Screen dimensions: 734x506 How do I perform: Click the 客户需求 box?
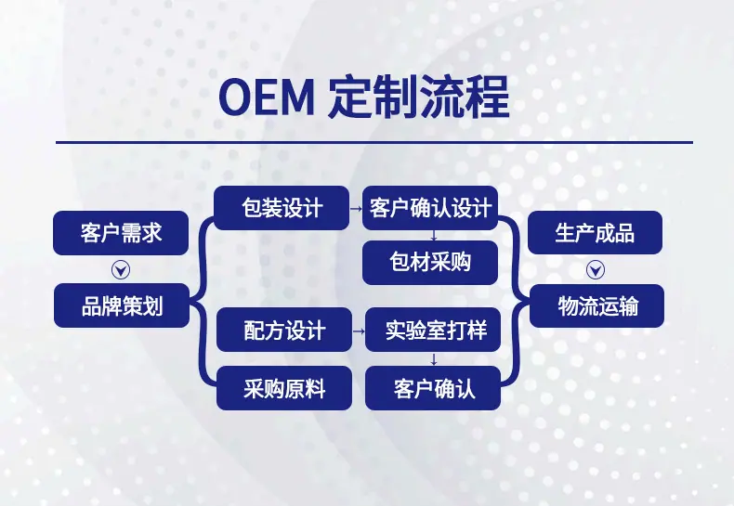click(121, 233)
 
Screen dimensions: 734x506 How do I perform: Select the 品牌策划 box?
click(122, 305)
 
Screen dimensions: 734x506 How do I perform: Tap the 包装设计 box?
click(282, 208)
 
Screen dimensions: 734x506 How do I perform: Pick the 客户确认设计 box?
click(430, 208)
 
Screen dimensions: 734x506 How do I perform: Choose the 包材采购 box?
click(430, 263)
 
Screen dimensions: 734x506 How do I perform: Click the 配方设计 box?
click(284, 330)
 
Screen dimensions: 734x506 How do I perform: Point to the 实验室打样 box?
click(433, 330)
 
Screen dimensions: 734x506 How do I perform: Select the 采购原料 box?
click(284, 388)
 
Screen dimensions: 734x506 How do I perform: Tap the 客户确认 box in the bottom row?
click(433, 388)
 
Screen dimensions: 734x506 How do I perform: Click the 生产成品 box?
click(595, 232)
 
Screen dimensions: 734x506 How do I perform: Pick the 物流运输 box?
click(596, 305)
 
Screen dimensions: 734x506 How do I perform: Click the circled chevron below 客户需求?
click(121, 270)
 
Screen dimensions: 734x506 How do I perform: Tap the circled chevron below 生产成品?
click(596, 270)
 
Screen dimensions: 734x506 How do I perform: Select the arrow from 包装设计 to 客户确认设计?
click(356, 208)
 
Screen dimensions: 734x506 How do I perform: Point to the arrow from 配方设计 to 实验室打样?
click(359, 331)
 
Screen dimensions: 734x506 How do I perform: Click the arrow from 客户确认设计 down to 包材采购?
click(434, 235)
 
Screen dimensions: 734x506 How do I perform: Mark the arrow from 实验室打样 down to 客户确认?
click(434, 359)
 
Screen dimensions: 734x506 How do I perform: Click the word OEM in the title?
click(266, 98)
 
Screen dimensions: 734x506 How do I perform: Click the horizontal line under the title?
click(374, 142)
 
